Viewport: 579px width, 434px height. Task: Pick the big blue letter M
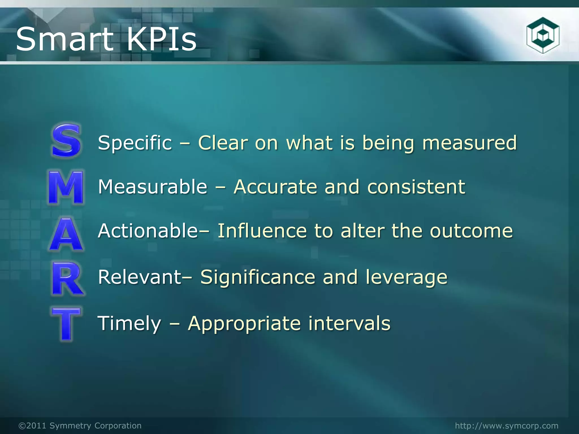click(66, 187)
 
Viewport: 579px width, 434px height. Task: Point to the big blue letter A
click(66, 235)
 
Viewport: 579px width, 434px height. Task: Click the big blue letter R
click(67, 279)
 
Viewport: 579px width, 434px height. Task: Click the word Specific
click(135, 143)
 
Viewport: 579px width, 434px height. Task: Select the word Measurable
click(153, 187)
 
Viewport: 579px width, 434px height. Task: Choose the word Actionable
click(148, 231)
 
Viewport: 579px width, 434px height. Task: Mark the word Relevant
click(140, 277)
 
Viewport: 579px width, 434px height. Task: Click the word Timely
click(129, 323)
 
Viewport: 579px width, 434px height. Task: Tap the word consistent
click(416, 187)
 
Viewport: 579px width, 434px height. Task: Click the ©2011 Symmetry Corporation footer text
click(80, 426)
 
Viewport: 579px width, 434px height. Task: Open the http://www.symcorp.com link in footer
click(507, 426)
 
